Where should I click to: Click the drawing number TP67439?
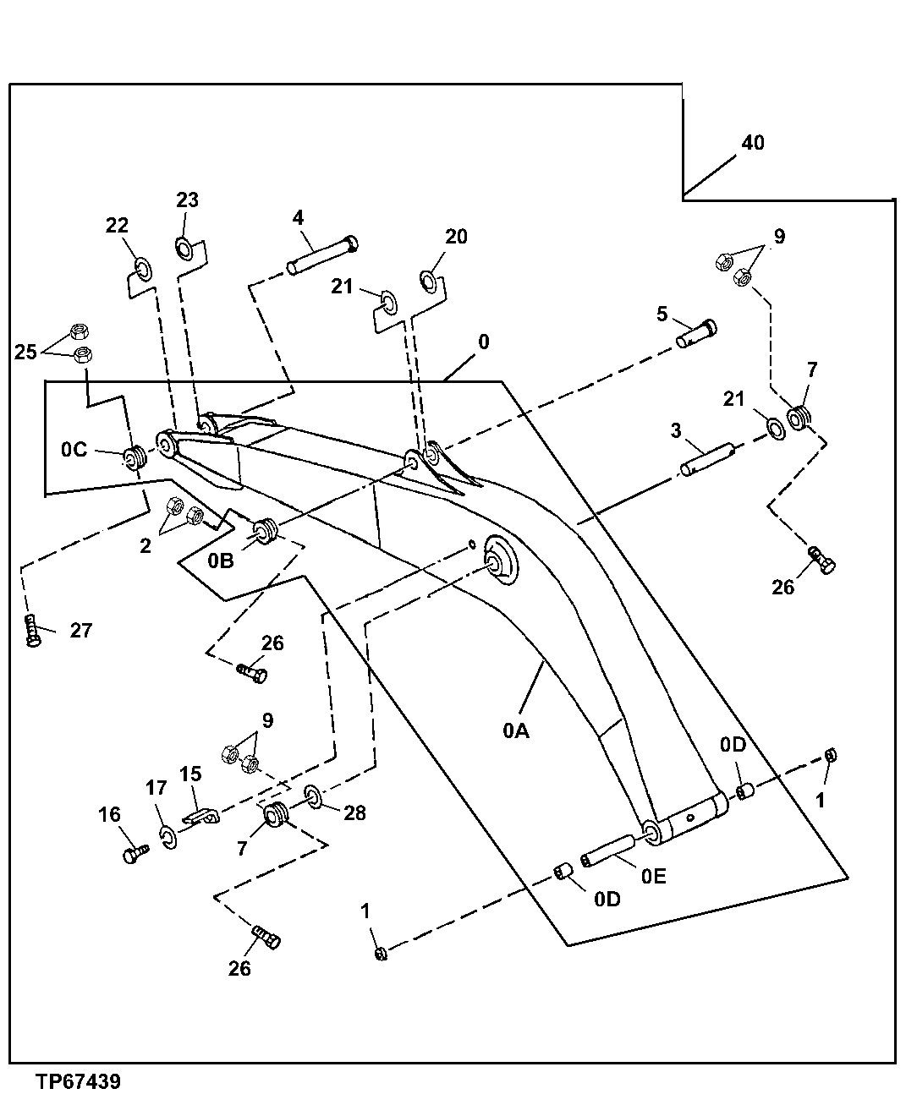78,1082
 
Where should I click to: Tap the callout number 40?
752,143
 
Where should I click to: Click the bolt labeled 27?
32,631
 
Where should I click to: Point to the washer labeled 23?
185,248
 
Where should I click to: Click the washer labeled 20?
429,279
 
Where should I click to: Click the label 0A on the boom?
515,730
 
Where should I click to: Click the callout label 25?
26,352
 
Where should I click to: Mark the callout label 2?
146,546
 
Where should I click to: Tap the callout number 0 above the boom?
483,342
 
